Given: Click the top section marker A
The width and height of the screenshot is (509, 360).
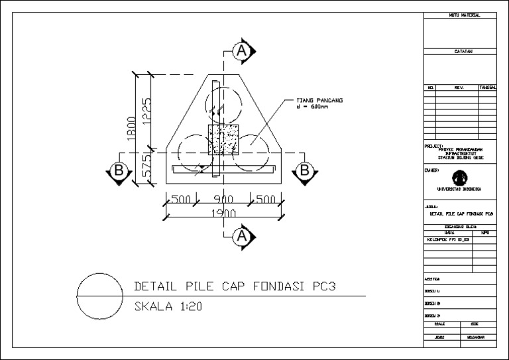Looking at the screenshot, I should tap(243, 50).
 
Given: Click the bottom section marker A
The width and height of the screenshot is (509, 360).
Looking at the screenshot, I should tap(243, 235).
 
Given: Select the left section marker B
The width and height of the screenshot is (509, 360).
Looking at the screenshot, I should tap(119, 170).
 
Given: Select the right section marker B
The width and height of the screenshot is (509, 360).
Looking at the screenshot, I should tap(305, 170).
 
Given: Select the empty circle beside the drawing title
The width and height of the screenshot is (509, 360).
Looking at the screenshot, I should tap(100, 294).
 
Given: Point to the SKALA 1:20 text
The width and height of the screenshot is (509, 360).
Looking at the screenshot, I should tap(168, 306).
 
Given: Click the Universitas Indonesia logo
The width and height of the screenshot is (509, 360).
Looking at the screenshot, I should tap(459, 178).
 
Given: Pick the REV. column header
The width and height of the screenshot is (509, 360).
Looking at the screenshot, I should tap(458, 87).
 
